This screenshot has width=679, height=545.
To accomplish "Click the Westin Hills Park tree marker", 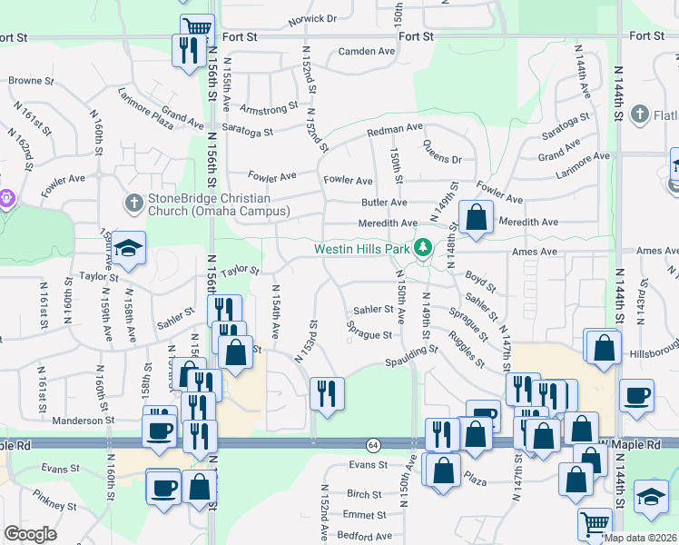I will (x=421, y=247).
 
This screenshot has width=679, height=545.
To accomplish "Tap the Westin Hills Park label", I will (x=361, y=248).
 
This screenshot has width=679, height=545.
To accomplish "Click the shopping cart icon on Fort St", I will (x=196, y=26).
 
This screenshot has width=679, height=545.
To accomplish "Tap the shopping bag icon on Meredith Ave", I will (x=476, y=217).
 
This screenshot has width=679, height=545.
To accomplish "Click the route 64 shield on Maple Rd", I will (x=373, y=444).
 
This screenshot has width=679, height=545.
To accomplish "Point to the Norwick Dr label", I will (x=312, y=18).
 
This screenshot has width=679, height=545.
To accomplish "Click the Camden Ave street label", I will (x=367, y=52).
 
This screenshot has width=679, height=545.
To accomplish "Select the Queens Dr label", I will (x=442, y=159).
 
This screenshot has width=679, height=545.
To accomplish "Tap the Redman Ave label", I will (x=396, y=131).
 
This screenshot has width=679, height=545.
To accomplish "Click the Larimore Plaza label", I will (x=145, y=108).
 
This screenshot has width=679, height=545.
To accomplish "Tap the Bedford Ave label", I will (x=364, y=536).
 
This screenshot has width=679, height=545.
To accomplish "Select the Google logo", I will (x=30, y=534).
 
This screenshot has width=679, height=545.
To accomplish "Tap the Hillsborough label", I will (x=652, y=351).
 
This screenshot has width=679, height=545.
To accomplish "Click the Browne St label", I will (x=25, y=81).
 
